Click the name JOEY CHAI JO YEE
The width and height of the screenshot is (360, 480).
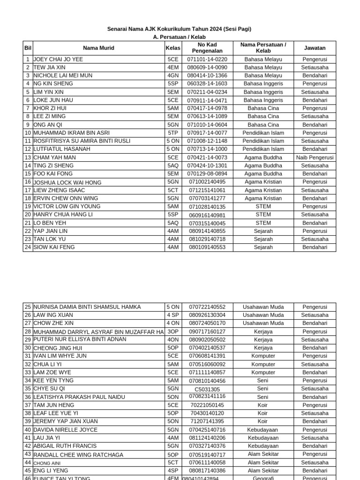pyautogui.click(x=58, y=60)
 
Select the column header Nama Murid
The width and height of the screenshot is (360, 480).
pyautogui.click(x=98, y=48)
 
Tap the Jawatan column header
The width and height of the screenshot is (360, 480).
pyautogui.click(x=315, y=48)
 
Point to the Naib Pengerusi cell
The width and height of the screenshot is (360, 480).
pyautogui.click(x=315, y=157)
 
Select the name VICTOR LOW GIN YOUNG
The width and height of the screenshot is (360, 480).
pyautogui.click(x=67, y=206)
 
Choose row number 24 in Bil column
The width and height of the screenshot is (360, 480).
pyautogui.click(x=28, y=247)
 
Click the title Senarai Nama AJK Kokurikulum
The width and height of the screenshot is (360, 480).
pyautogui.click(x=180, y=29)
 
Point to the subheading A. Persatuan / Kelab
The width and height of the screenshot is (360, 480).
pyautogui.click(x=180, y=37)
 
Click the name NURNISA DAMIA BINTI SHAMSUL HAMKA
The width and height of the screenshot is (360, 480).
pyautogui.click(x=87, y=307)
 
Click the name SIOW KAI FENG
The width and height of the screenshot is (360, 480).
pyautogui.click(x=54, y=247)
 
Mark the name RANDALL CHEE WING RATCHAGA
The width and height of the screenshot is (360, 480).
pyautogui.click(x=78, y=455)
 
